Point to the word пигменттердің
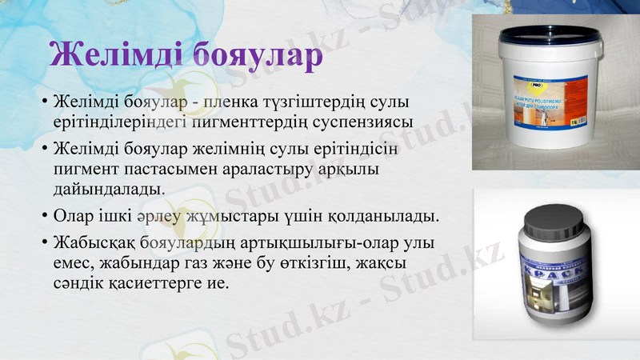click(260, 122)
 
